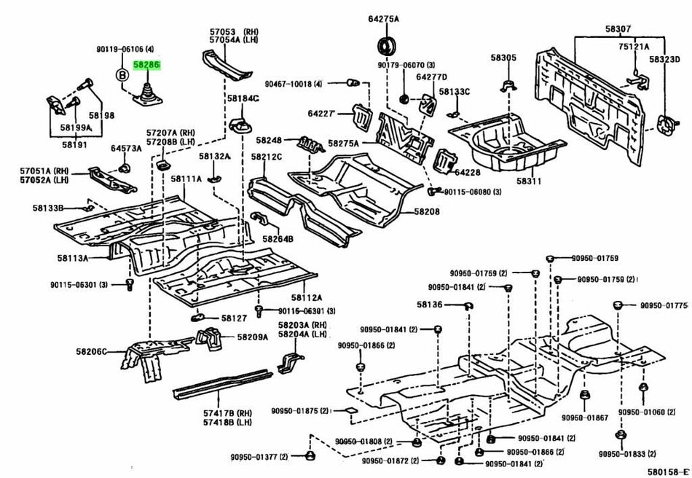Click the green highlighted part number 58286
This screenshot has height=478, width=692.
pyautogui.click(x=146, y=66)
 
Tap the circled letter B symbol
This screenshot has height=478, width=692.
pyautogui.click(x=122, y=74)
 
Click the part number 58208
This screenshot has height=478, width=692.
pyautogui.click(x=428, y=211)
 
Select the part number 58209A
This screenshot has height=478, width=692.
pyautogui.click(x=253, y=337)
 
